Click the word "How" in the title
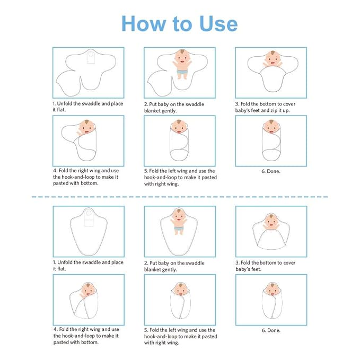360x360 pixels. click(x=144, y=23)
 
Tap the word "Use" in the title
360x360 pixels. click(x=218, y=23)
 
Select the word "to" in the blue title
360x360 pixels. click(x=182, y=24)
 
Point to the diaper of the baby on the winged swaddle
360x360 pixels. click(x=182, y=72)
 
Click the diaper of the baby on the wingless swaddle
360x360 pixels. click(x=179, y=229)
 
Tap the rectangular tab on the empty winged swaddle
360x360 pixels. click(x=91, y=57)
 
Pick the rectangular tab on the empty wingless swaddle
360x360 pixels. click(x=89, y=218)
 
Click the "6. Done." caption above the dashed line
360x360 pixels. click(x=271, y=171)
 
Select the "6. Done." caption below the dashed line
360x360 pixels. click(x=271, y=330)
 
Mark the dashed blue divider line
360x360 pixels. click(x=180, y=197)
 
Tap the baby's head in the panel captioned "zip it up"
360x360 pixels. click(x=273, y=58)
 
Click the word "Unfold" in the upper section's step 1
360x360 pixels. click(x=65, y=104)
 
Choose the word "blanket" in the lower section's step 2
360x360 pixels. click(x=152, y=269)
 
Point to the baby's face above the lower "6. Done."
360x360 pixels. click(x=273, y=290)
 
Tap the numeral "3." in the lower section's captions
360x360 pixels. click(x=238, y=262)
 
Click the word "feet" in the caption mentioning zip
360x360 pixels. click(x=256, y=110)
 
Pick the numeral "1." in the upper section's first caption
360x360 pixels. click(x=54, y=104)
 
